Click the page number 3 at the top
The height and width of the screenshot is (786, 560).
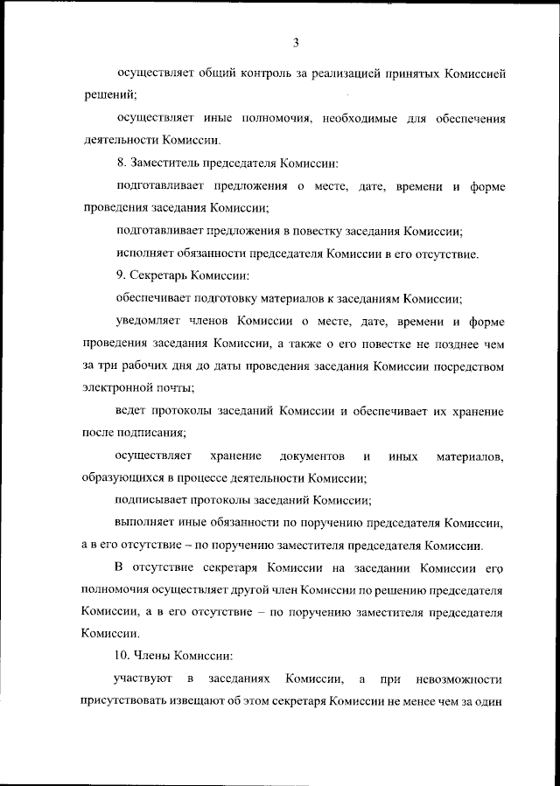[297, 42]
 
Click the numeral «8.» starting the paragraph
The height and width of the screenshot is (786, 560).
[122, 163]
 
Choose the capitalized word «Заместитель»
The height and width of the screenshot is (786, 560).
[165, 163]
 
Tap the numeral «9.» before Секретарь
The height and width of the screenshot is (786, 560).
[122, 277]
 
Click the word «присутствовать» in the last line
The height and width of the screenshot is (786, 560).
[126, 701]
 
